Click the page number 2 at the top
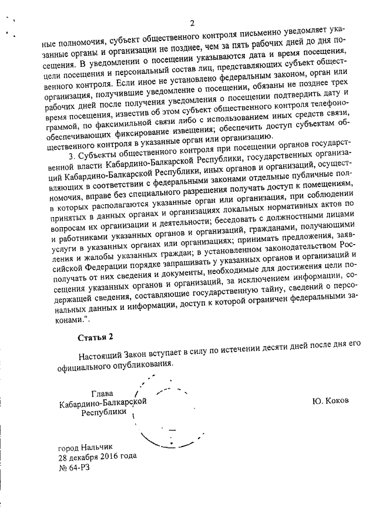click(192, 23)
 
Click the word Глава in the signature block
click(103, 394)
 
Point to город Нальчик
click(85, 447)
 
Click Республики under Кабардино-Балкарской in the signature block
click(103, 412)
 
